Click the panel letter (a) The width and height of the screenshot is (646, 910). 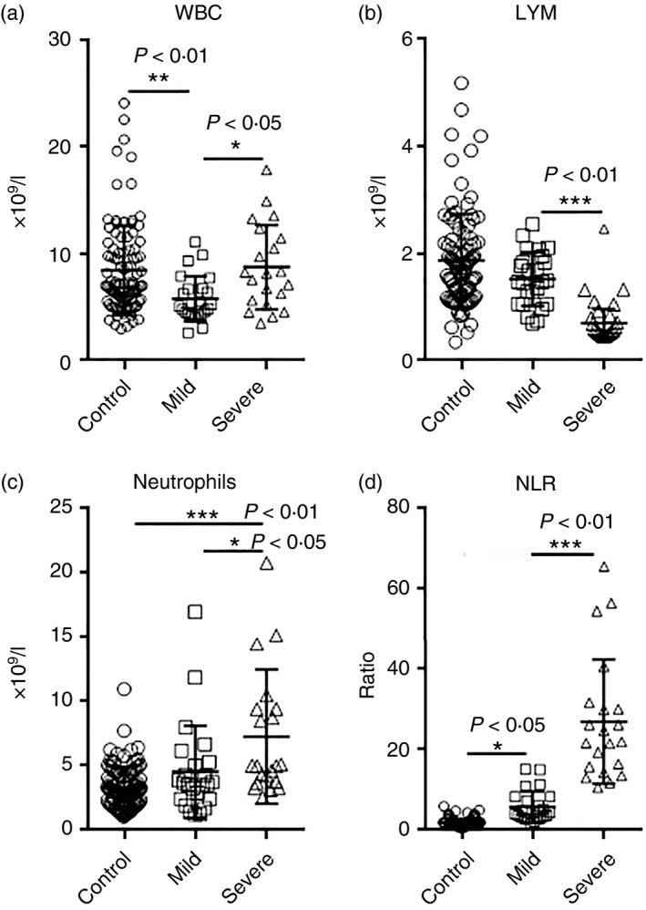[16, 15]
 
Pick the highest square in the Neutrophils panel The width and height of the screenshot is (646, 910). [195, 612]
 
